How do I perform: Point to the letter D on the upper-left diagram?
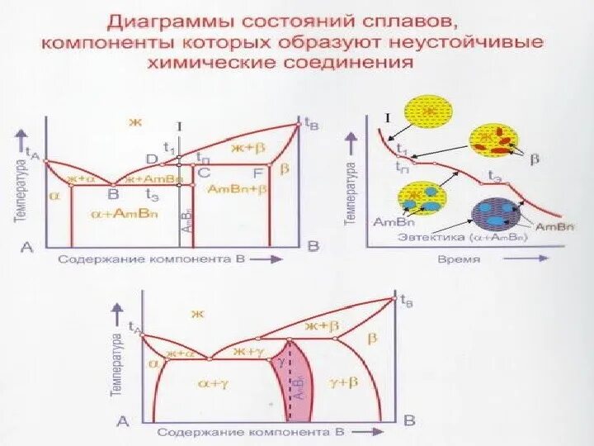pyautogui.click(x=152, y=159)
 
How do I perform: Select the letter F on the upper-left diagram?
pyautogui.click(x=257, y=173)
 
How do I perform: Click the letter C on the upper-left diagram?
pyautogui.click(x=204, y=173)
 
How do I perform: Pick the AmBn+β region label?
pyautogui.click(x=238, y=189)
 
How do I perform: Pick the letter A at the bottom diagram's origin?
pyautogui.click(x=123, y=421)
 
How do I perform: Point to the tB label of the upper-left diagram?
pyautogui.click(x=311, y=124)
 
